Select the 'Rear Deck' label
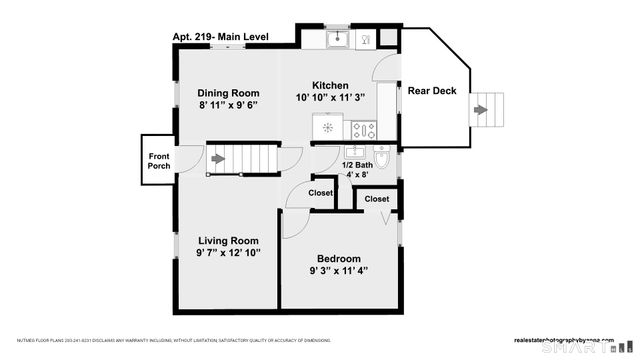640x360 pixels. (x=431, y=91)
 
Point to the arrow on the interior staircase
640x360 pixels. (x=218, y=158)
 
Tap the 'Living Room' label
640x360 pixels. (x=228, y=240)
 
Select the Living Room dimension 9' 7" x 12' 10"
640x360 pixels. (x=228, y=253)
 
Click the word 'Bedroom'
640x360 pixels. (x=338, y=256)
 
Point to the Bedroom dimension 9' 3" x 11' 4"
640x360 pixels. (x=338, y=270)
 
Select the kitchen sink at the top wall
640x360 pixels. (x=339, y=39)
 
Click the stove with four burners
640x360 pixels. (x=363, y=129)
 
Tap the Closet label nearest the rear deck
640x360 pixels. (x=377, y=199)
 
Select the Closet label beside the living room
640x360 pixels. (x=321, y=193)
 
